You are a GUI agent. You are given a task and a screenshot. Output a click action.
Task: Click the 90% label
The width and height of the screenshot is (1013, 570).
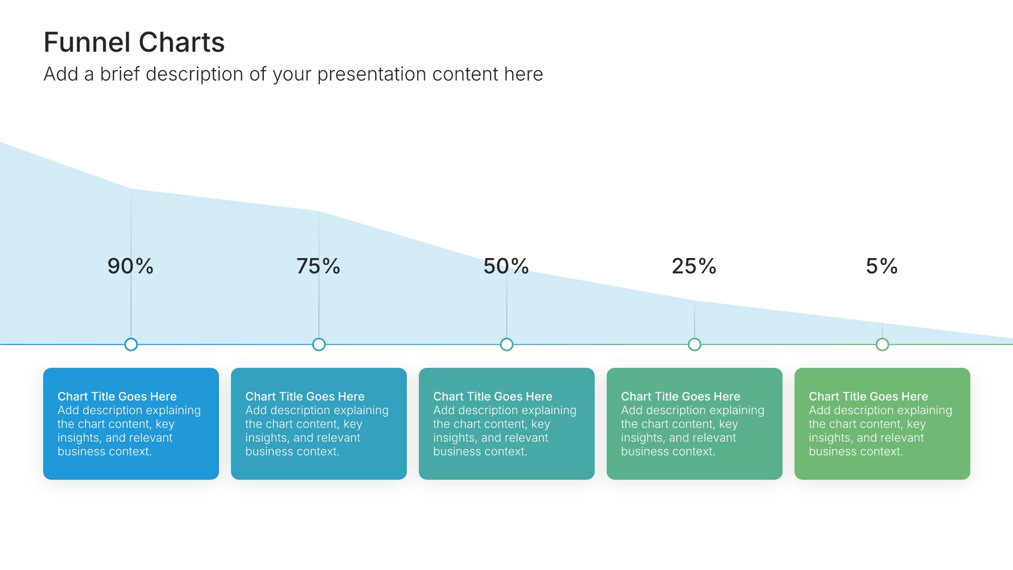pyautogui.click(x=130, y=266)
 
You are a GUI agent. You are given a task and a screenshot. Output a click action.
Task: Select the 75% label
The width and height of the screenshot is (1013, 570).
pyautogui.click(x=318, y=266)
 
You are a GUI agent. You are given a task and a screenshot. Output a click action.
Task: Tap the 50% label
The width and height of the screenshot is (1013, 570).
pyautogui.click(x=506, y=266)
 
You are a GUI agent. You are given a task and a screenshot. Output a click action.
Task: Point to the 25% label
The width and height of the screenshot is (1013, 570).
pyautogui.click(x=694, y=266)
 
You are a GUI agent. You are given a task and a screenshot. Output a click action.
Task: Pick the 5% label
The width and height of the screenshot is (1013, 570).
pyautogui.click(x=882, y=266)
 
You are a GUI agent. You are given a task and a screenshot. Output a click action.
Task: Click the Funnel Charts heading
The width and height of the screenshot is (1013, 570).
pyautogui.click(x=134, y=42)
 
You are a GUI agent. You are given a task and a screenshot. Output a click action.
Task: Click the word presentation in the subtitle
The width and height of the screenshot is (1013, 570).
pyautogui.click(x=372, y=75)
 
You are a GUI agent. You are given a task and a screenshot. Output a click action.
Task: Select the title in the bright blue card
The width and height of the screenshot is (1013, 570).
pyautogui.click(x=117, y=396)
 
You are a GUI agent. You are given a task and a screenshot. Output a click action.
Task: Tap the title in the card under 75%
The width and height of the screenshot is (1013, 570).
pyautogui.click(x=305, y=396)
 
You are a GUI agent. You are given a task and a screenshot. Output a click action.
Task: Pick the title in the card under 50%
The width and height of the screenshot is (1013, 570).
pyautogui.click(x=493, y=396)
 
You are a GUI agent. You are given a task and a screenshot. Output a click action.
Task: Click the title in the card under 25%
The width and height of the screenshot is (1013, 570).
pyautogui.click(x=681, y=396)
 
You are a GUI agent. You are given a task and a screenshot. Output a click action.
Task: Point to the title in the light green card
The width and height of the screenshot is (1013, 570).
pyautogui.click(x=868, y=396)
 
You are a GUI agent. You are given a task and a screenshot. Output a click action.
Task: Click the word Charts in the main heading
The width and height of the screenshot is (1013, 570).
pyautogui.click(x=182, y=42)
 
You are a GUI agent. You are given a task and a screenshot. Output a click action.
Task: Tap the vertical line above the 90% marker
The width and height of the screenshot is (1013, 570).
pyautogui.click(x=131, y=263)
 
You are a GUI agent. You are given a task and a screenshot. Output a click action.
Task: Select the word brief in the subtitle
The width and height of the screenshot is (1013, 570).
pyautogui.click(x=120, y=74)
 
